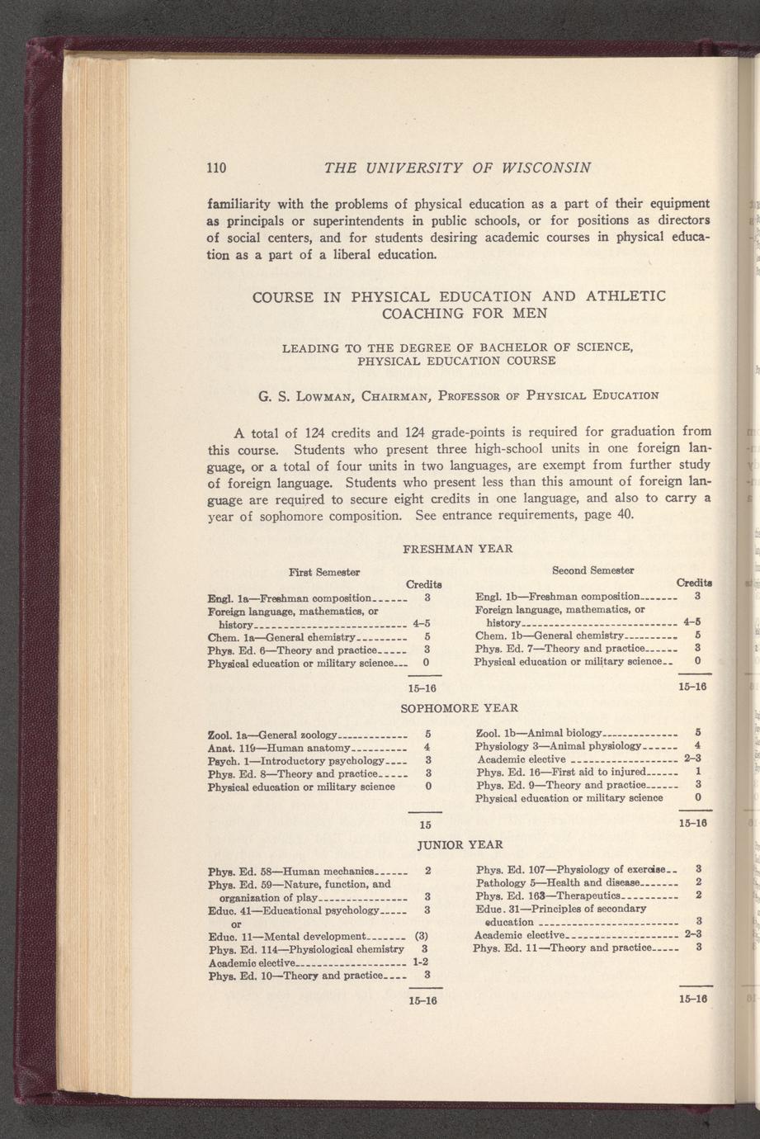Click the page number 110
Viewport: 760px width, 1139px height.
pos(216,168)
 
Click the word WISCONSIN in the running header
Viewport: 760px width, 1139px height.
pos(541,168)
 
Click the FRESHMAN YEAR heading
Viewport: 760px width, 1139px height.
pos(457,548)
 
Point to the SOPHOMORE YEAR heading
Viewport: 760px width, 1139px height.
pos(459,708)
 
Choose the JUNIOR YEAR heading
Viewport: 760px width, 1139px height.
pos(460,845)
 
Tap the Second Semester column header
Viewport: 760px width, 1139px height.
pos(592,570)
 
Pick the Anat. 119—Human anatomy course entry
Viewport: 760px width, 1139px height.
pos(281,746)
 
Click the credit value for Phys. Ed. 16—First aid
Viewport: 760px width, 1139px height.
pos(698,772)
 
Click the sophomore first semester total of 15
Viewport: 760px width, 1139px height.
pos(426,825)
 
